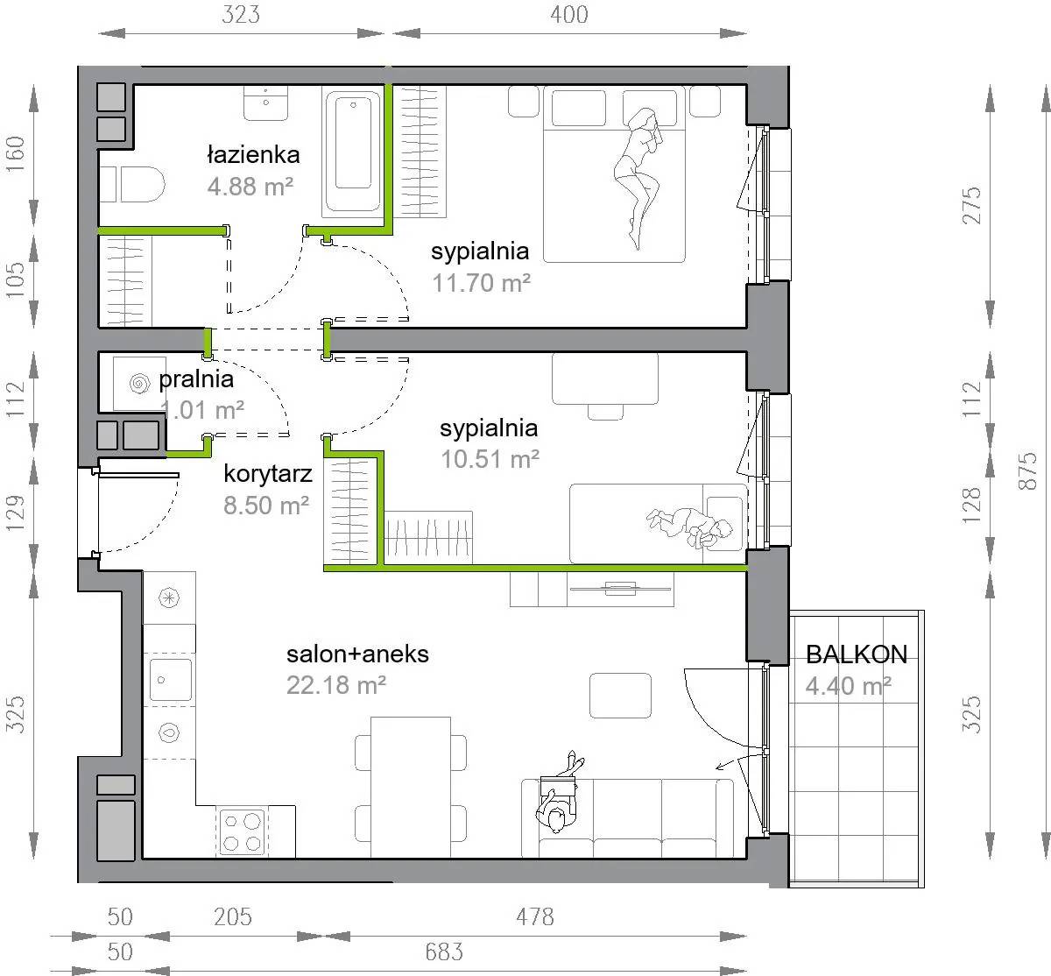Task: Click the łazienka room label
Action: coord(253,155)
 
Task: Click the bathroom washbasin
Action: coord(265,103)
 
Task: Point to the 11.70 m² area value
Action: coord(481,283)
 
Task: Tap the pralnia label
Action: coord(196,379)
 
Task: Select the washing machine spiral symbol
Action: coord(140,384)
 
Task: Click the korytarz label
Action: coord(268,474)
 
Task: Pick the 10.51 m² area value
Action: coord(490,459)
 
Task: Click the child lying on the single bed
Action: coord(689,526)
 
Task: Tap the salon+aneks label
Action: coord(357,654)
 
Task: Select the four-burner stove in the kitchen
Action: coord(243,832)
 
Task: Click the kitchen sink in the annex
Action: coord(171,680)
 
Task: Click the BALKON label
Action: coord(857,654)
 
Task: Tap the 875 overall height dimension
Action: coord(1027,470)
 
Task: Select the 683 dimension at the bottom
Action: coord(444,951)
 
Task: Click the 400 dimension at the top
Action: coord(569,15)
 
